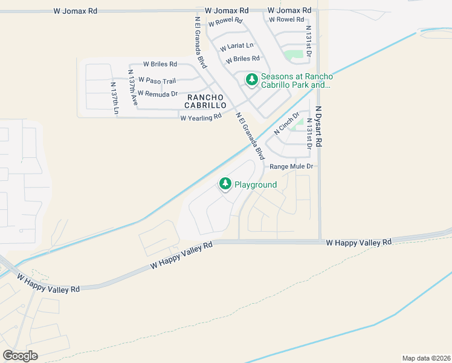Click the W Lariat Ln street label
click(237, 47)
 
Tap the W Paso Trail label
click(157, 80)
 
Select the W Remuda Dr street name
click(157, 94)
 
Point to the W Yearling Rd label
click(201, 117)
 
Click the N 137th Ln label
click(113, 97)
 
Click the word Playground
click(256, 185)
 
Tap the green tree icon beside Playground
click(225, 184)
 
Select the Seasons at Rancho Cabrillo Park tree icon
click(251, 80)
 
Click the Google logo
click(20, 355)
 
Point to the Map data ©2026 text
click(426, 358)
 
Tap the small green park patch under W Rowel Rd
click(294, 55)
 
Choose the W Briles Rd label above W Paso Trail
click(160, 64)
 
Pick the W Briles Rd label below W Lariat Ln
click(242, 59)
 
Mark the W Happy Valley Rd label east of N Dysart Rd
click(359, 242)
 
